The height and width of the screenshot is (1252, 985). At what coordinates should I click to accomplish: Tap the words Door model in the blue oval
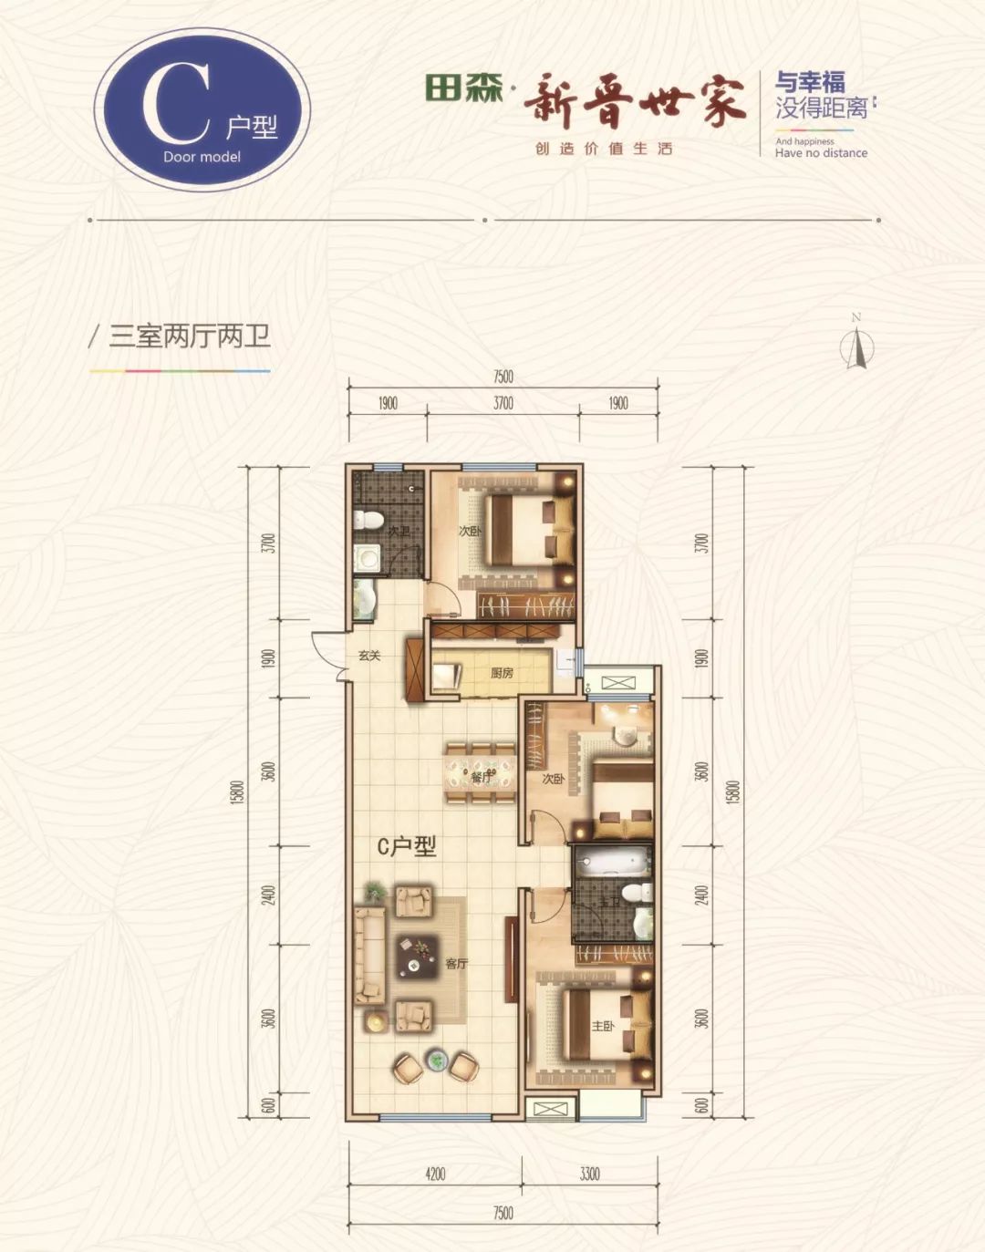coord(202,157)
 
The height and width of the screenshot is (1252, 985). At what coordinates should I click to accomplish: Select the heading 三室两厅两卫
coord(190,337)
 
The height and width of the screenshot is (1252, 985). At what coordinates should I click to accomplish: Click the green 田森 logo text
coord(463,88)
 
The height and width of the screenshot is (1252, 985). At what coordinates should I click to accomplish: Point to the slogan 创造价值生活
coord(604,149)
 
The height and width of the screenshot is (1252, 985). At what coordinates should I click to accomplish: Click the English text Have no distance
coord(821,153)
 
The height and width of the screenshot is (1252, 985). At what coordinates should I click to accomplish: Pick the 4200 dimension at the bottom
coord(435,1174)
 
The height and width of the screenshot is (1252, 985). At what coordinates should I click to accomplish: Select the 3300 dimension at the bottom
coord(589,1174)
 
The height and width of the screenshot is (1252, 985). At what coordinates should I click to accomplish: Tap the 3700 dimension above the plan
coord(503,403)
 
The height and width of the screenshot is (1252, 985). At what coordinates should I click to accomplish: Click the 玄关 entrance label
coord(369,656)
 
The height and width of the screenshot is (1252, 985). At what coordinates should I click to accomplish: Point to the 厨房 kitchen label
coord(502,673)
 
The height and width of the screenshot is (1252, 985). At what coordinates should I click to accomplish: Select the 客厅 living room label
coord(456,963)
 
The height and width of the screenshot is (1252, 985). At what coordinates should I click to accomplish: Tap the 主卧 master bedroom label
coord(603,1026)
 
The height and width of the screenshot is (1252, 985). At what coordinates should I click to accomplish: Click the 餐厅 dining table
coord(481,774)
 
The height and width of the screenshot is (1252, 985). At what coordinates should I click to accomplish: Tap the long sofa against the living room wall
coord(368,955)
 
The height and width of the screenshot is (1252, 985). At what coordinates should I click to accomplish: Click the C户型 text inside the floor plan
coord(407,846)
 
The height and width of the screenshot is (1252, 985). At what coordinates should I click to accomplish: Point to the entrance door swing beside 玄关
coord(327,654)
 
